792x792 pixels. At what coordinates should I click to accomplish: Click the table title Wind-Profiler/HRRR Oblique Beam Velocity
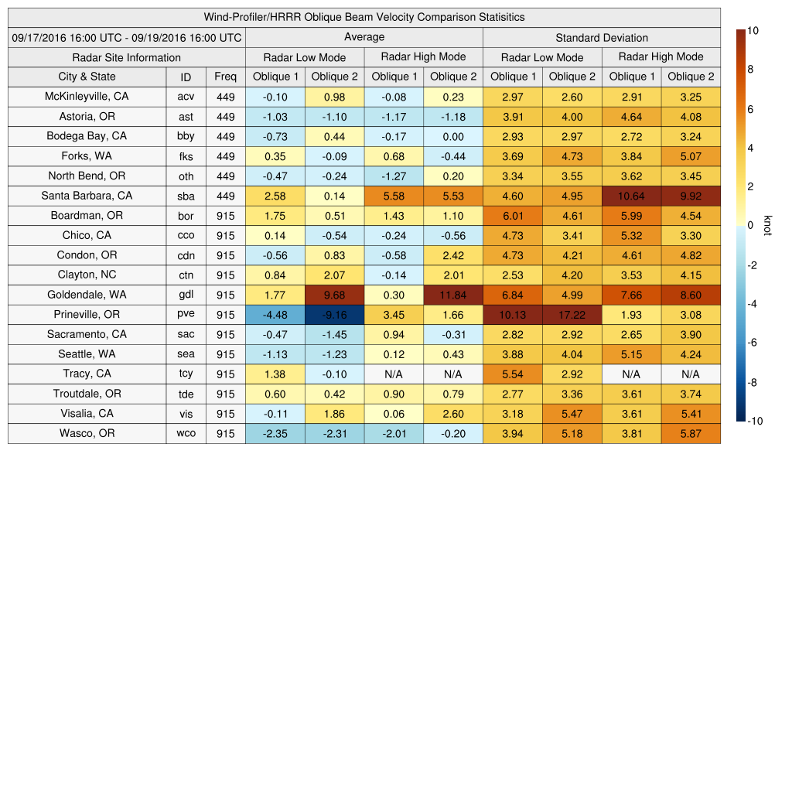pos(364,17)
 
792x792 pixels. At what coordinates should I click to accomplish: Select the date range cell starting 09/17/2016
pos(127,37)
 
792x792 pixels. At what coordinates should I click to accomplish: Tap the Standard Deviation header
pos(601,38)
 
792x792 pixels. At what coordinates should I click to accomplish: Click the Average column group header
pos(364,37)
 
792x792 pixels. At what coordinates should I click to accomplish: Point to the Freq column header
pos(225,77)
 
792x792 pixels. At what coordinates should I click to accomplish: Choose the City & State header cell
pos(87,77)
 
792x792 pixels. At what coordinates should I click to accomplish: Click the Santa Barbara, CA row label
pos(87,196)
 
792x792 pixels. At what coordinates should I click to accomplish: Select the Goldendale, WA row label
pos(87,295)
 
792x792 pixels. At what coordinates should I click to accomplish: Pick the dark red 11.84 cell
pos(452,295)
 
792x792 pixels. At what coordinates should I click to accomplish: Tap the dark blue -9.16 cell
pos(334,315)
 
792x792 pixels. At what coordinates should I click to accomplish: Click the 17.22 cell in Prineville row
pos(572,315)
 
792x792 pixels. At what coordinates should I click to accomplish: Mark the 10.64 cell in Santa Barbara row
pos(631,196)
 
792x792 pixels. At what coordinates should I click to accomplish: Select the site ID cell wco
pos(186,434)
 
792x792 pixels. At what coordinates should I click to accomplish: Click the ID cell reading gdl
pos(186,295)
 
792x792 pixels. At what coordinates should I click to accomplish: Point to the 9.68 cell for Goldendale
pos(334,295)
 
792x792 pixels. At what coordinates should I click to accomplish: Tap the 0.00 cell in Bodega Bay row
pos(452,137)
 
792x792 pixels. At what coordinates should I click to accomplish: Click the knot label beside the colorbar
pos(767,225)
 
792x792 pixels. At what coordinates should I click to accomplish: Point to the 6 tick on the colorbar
pos(753,109)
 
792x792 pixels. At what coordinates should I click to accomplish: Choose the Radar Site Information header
pos(126,57)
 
